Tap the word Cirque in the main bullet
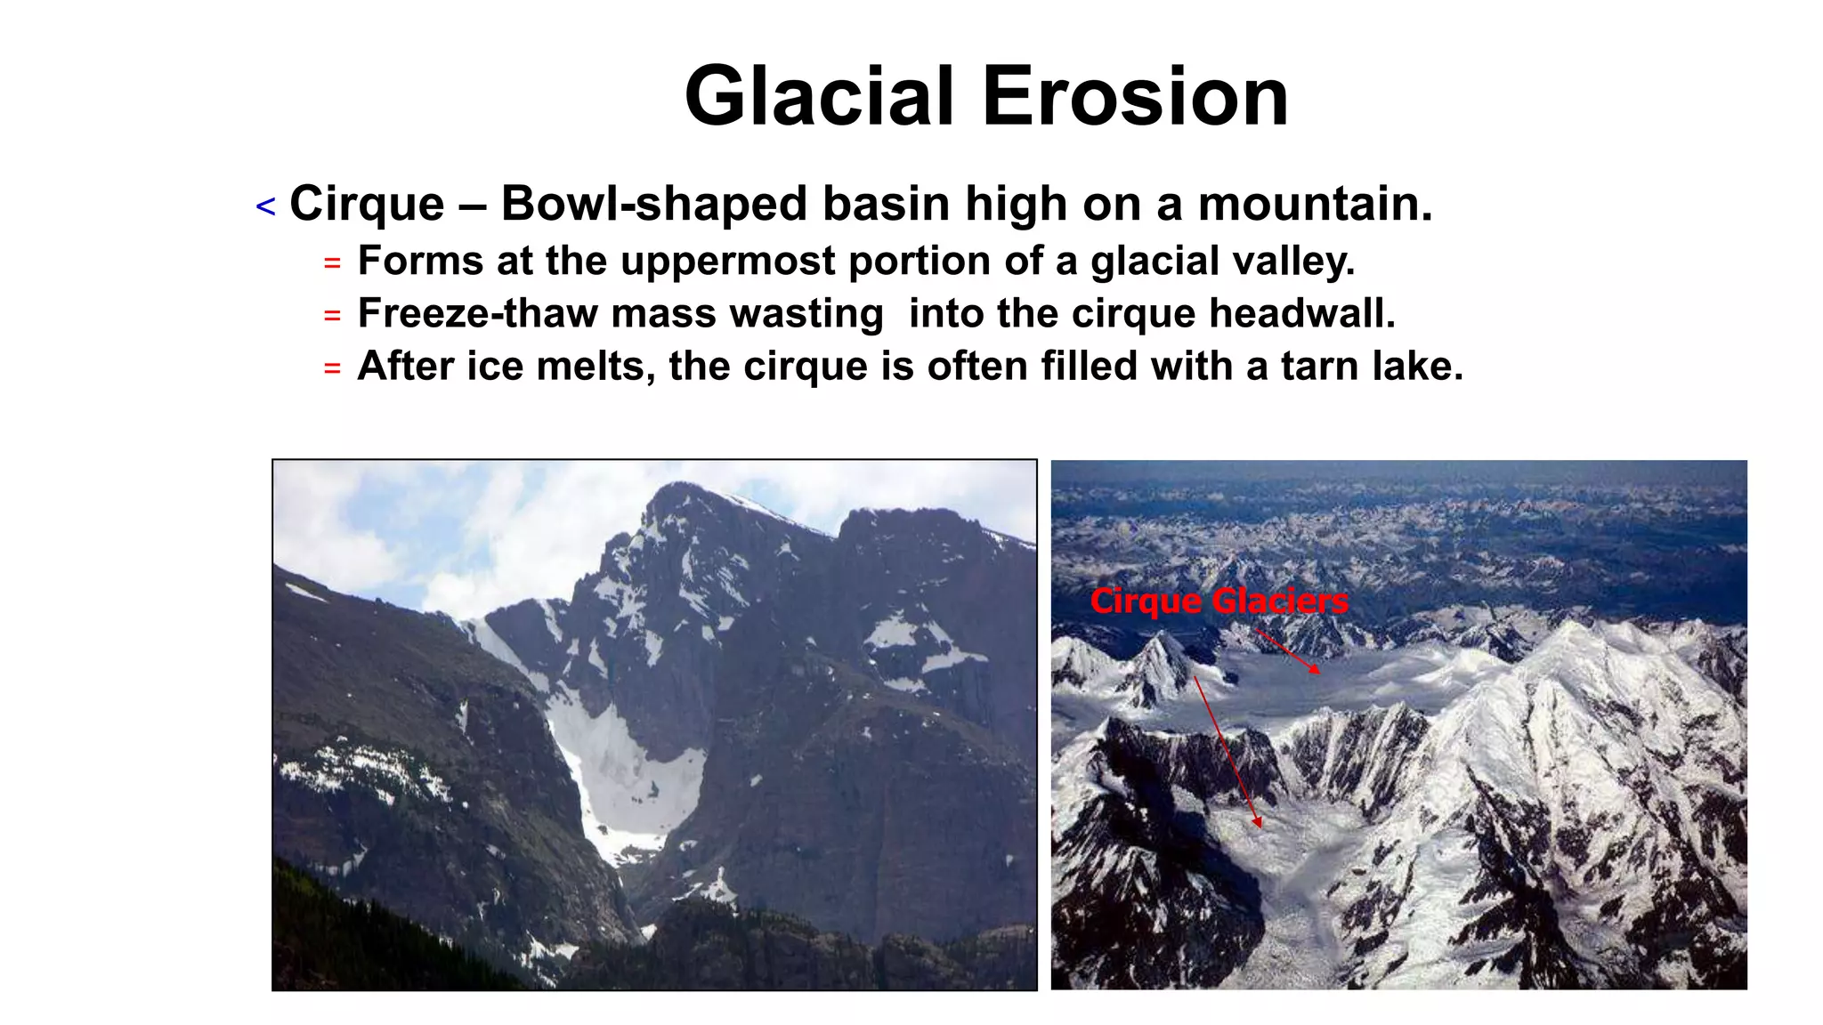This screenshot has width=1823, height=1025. coord(367,204)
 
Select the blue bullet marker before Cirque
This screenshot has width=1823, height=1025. coord(265,207)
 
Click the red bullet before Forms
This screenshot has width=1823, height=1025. coord(332,263)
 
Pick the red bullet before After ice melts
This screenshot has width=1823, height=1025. coord(332,367)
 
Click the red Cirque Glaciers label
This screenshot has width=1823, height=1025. coord(1219,601)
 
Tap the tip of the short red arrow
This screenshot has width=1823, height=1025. coord(1319,673)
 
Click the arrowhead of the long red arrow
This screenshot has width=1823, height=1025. coord(1259,825)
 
